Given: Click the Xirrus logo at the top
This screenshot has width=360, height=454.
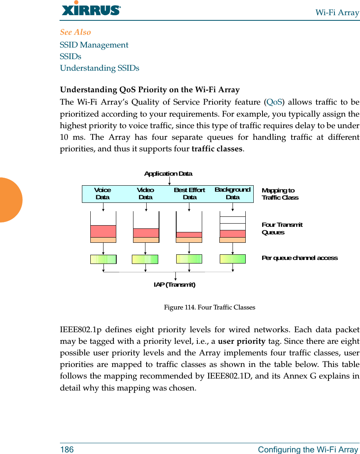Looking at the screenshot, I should pos(91,9).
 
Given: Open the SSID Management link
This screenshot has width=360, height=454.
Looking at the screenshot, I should pos(94,45).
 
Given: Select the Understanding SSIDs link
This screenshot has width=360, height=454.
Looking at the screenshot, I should pos(99,68).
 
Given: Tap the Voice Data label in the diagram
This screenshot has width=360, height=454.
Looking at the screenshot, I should pos(103,194).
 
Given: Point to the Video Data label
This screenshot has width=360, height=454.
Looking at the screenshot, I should pos(145,194).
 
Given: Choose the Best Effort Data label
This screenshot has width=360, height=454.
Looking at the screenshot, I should pos(189,194).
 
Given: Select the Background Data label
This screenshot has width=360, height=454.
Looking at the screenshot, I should pos(233,193).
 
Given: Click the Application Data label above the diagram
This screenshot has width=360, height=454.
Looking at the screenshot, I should pos(168,174).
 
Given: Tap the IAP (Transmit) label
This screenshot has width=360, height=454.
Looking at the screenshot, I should pos(175,285).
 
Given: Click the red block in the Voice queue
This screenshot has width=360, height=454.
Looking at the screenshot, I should pos(103,231).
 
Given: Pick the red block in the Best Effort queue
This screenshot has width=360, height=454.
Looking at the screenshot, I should pos(189,235).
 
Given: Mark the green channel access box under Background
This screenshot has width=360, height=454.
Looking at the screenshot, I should pos(233,259).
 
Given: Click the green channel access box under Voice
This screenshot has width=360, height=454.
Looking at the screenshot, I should pos(103,259).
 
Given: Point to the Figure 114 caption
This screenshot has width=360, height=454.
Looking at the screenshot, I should pos(209,307).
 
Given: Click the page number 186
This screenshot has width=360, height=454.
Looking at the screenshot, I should pos(67,450).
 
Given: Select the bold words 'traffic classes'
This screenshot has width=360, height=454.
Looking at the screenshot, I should pos(217,149).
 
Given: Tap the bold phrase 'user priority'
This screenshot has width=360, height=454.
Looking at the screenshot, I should pos(241,341).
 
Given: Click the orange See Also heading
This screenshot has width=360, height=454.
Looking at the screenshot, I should pos(76,32).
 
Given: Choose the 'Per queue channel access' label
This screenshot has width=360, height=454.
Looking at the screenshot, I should pos(299,258).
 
